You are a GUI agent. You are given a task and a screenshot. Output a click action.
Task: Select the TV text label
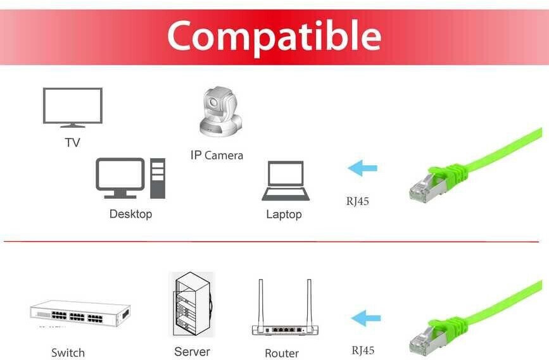73,142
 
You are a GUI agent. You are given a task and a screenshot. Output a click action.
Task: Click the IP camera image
218,112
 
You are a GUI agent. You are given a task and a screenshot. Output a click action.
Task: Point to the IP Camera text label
217,155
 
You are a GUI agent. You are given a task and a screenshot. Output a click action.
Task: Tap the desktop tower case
158,178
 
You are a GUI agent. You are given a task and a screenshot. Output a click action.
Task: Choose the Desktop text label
130,214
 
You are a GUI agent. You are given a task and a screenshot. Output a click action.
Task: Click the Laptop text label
284,214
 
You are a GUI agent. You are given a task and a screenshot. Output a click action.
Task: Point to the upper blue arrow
362,168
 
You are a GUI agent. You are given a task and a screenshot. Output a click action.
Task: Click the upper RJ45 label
357,202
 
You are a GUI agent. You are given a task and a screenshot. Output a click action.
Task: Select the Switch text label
68,352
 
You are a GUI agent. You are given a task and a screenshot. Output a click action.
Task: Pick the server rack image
191,304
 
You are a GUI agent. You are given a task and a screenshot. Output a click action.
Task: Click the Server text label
192,351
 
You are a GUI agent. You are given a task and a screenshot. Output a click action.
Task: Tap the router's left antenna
260,302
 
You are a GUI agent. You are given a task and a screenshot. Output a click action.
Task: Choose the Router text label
282,353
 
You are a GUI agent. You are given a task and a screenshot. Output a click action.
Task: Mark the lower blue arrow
366,318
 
